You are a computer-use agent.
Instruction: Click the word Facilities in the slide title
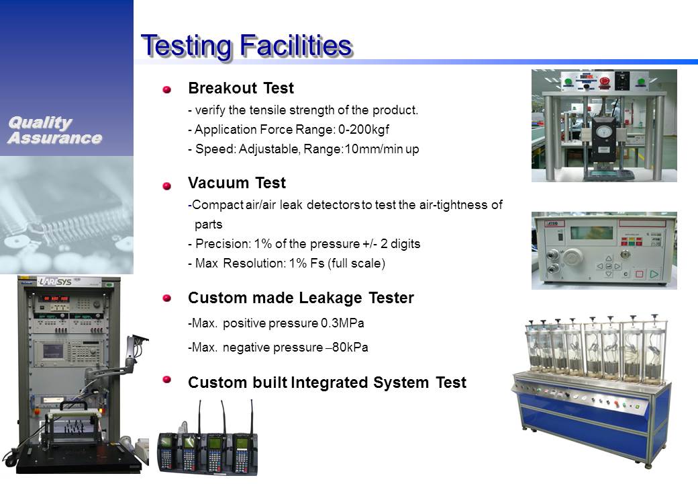(x=296, y=46)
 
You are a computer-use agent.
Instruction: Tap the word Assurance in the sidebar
(x=55, y=138)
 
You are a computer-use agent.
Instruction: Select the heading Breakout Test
(x=241, y=88)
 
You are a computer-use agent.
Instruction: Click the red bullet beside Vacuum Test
(x=167, y=186)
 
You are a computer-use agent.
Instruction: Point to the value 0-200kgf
(x=364, y=129)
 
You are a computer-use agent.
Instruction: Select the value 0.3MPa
(x=342, y=323)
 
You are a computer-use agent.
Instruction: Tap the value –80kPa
(x=347, y=347)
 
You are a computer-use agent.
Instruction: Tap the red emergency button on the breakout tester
(x=604, y=81)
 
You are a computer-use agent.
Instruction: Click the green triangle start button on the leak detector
(x=654, y=274)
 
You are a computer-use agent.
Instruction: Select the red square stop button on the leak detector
(x=639, y=274)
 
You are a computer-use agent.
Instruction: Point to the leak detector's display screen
(x=591, y=233)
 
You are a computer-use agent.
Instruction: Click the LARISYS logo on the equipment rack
(x=55, y=282)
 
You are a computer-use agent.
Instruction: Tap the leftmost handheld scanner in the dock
(x=167, y=451)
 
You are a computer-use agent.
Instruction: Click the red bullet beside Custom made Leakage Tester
(x=167, y=298)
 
